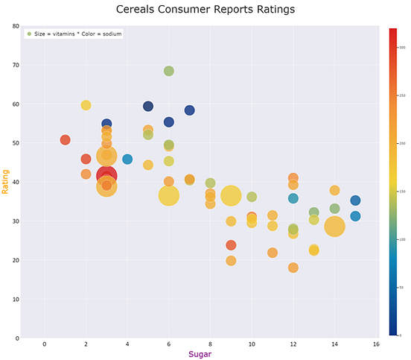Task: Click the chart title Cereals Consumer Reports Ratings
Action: point(205,10)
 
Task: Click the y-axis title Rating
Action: point(6,181)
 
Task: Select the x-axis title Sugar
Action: point(200,354)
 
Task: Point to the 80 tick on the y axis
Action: point(16,26)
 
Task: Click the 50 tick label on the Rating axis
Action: point(16,143)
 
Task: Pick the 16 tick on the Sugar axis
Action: point(376,344)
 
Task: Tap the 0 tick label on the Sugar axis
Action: point(44,344)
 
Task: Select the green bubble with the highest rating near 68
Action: point(169,71)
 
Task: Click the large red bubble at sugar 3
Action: point(106,176)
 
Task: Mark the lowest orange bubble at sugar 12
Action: point(293,268)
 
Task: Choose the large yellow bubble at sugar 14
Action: point(334,227)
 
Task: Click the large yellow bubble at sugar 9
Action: point(231,195)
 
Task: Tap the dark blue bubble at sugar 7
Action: point(190,110)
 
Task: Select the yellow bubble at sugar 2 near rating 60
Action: point(86,105)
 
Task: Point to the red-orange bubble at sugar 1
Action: point(66,140)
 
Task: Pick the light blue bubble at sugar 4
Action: point(127,160)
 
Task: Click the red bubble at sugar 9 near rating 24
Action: point(231,245)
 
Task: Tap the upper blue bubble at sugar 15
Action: point(355,200)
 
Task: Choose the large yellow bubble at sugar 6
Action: point(169,195)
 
